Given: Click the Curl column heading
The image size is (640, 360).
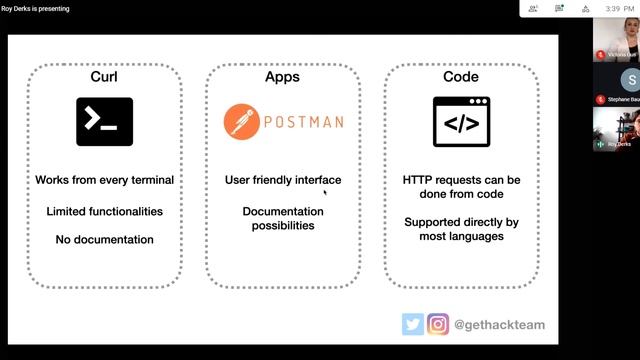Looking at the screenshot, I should [104, 77].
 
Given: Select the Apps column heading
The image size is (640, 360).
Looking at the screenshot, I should [283, 77].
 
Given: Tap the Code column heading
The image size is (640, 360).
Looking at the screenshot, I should [460, 77].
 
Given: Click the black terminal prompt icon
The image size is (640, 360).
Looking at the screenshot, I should [104, 122].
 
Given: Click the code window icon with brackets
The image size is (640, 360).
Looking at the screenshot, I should [460, 122].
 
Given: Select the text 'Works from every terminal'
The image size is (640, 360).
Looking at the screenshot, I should [104, 180].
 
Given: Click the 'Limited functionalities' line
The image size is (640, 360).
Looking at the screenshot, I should [104, 211].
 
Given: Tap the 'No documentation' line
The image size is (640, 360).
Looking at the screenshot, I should [104, 240].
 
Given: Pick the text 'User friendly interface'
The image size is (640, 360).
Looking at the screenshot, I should [283, 180].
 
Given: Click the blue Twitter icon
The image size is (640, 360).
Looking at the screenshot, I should [412, 324].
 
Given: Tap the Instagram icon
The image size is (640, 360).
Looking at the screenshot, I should [438, 324].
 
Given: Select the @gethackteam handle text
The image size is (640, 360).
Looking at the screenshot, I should [499, 325].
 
